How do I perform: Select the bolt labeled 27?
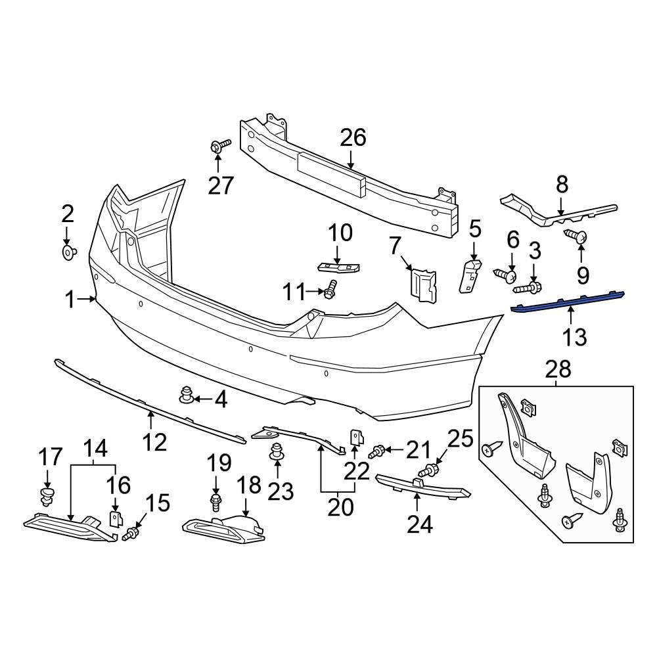point(219,146)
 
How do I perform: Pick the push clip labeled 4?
point(187,397)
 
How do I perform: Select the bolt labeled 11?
point(330,288)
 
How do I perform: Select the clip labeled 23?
point(277,453)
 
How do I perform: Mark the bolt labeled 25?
point(430,470)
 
